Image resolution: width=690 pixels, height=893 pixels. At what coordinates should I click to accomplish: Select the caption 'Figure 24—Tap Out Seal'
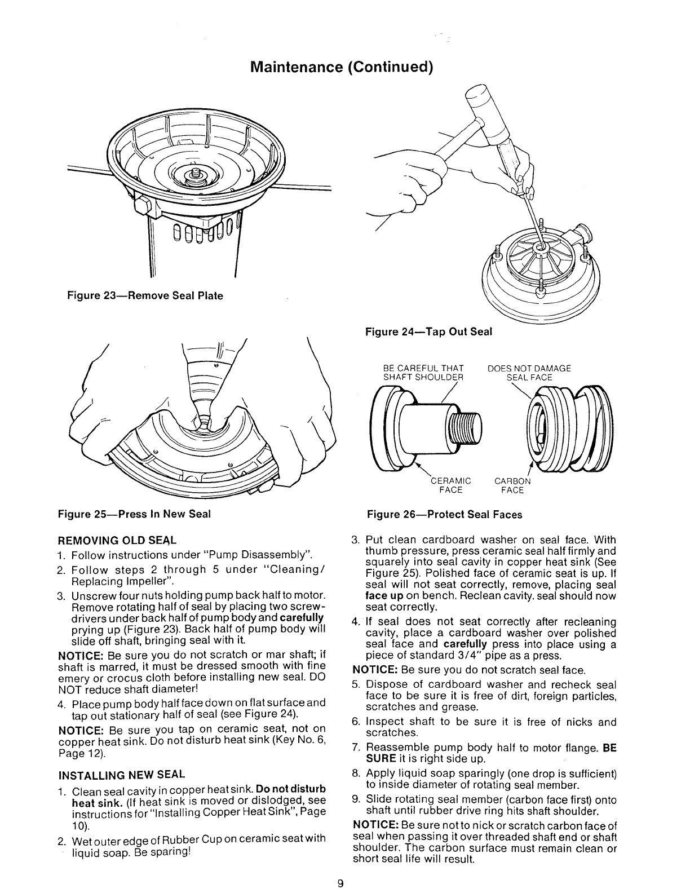429,332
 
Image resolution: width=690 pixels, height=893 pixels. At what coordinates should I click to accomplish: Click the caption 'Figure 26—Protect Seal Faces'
444,514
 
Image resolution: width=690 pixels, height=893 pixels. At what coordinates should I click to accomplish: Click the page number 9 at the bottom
340,883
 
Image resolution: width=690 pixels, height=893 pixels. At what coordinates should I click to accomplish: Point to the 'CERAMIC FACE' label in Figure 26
450,485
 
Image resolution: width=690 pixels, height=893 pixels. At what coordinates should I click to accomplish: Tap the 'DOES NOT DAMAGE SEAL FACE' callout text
529,373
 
